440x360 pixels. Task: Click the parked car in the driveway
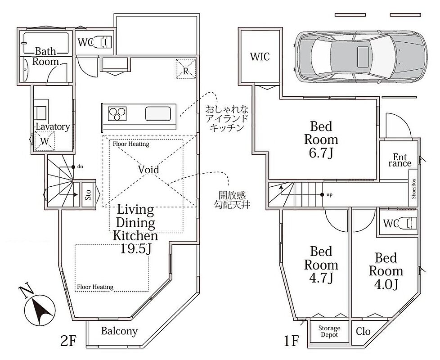tap(360, 57)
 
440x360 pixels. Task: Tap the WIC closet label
tap(260, 57)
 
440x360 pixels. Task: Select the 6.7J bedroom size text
tap(321, 153)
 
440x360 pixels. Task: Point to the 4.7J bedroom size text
tap(321, 278)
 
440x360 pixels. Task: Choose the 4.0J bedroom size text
tap(386, 284)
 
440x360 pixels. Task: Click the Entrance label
tap(400, 160)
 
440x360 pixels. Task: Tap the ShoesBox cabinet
tap(413, 189)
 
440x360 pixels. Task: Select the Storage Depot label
tap(329, 331)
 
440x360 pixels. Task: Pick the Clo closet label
tap(363, 331)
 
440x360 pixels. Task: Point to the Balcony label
tap(119, 331)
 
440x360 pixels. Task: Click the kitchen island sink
tap(158, 114)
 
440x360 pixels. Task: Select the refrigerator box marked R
tap(185, 69)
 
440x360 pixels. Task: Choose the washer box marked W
tap(45, 141)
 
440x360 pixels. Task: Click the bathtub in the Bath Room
tap(46, 44)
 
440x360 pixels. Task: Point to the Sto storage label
tap(88, 195)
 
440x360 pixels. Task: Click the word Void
tap(148, 170)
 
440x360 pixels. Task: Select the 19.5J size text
tap(136, 248)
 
